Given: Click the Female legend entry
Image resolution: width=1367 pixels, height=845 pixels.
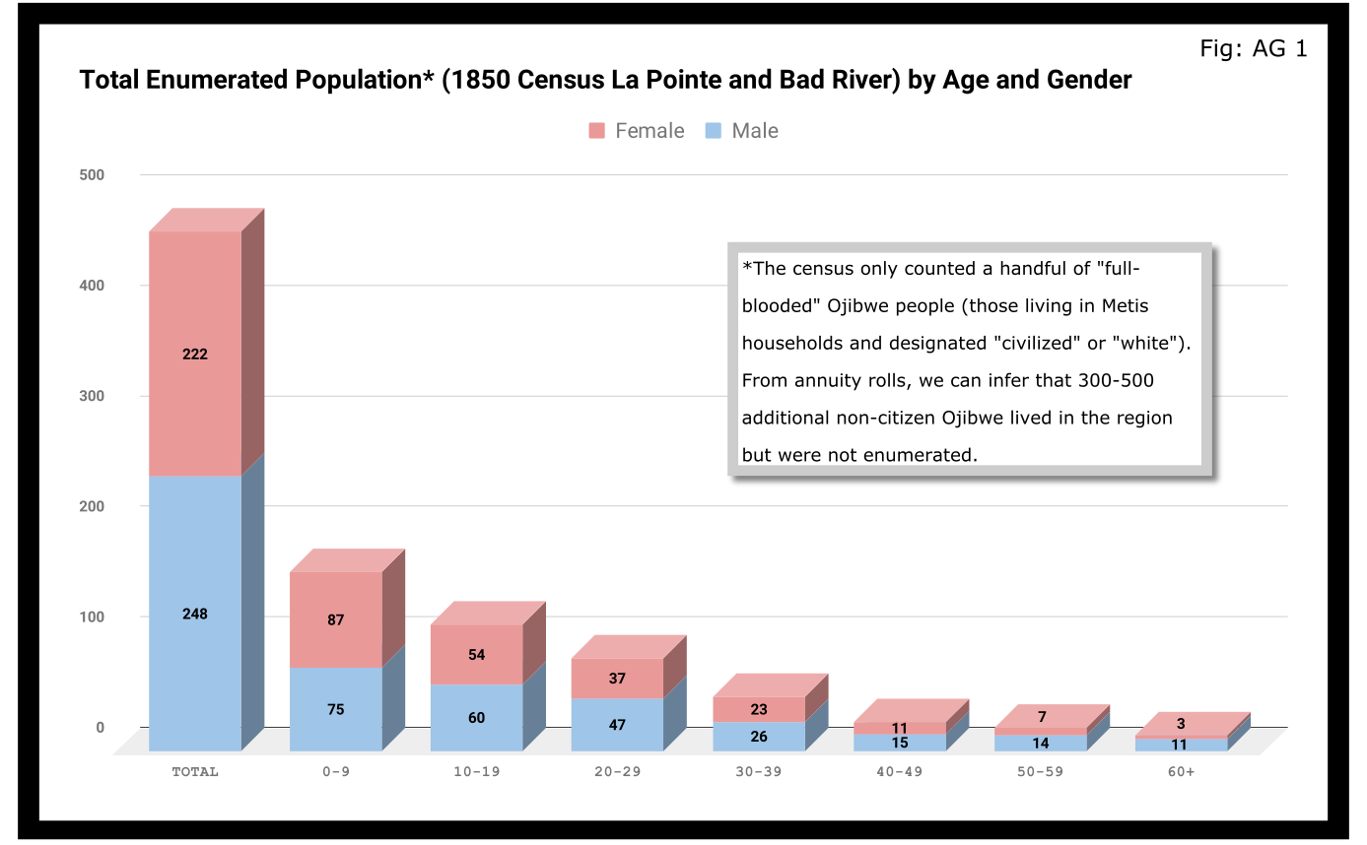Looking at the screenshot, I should tap(637, 131).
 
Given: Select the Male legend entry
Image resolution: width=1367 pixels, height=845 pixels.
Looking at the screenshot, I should tap(742, 131).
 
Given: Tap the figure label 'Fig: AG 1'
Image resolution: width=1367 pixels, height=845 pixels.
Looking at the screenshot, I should tap(1253, 48).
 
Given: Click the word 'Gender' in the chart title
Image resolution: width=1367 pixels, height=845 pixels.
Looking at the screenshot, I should tap(1085, 80).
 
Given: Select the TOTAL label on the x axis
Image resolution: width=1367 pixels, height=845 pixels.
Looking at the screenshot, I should tap(195, 772).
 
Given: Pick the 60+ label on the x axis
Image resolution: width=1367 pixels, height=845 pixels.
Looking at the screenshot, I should tap(1181, 772).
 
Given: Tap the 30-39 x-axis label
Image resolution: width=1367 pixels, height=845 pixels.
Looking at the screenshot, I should tap(758, 772).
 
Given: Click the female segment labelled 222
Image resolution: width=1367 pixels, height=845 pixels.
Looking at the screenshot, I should tap(195, 354).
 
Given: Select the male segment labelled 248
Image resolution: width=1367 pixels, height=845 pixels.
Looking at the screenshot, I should tap(195, 614).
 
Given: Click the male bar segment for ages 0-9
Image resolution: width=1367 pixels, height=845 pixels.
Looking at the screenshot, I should tap(336, 709).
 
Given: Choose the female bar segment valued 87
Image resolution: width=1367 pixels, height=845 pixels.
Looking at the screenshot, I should tap(336, 620).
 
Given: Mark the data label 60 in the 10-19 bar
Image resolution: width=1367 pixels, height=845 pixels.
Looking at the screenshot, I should tap(477, 718).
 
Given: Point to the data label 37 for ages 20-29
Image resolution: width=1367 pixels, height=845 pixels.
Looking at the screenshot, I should tap(618, 679).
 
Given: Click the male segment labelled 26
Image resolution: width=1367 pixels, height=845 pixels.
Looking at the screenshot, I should tap(759, 737).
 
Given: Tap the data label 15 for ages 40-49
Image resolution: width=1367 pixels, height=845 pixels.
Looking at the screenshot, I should tap(900, 743).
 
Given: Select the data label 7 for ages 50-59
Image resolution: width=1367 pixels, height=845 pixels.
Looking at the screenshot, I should tap(1041, 717).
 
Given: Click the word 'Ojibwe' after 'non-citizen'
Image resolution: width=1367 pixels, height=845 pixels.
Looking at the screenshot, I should tap(973, 418).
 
